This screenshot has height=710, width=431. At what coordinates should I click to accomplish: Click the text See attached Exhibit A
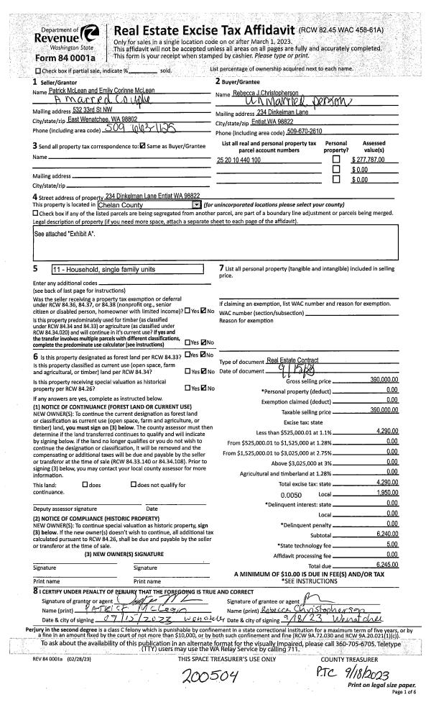point(60,235)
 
